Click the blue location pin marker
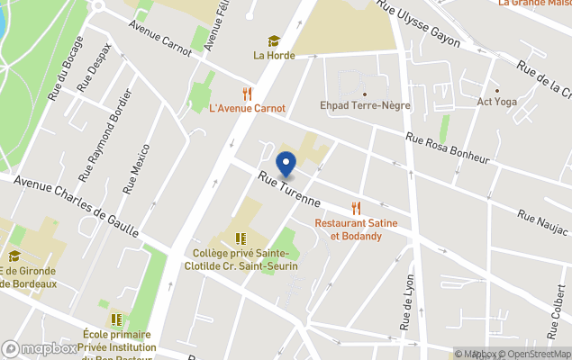click(286, 166)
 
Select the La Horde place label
click(273, 55)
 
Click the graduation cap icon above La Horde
click(273, 40)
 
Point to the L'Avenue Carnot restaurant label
click(247, 108)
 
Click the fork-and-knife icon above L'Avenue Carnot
click(247, 93)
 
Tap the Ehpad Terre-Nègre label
click(365, 105)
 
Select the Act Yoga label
click(496, 102)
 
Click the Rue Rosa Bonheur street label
click(447, 148)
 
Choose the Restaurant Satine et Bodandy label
click(356, 229)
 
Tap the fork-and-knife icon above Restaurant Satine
click(356, 209)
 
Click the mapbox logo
click(39, 348)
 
